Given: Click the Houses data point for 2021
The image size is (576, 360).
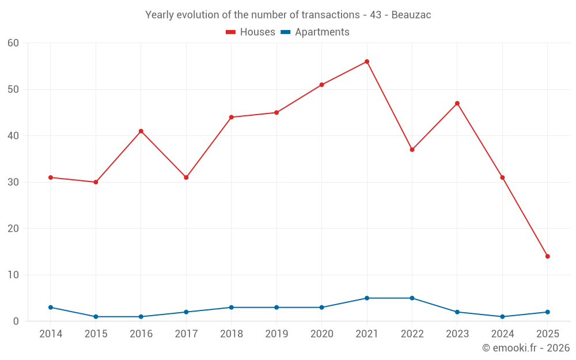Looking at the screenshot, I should [367, 62].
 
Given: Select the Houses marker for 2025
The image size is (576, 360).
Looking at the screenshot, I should [548, 256].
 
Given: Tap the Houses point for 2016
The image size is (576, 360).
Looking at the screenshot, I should [141, 131].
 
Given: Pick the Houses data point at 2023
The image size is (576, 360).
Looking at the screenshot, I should [457, 104].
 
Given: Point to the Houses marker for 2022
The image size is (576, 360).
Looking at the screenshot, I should [412, 150].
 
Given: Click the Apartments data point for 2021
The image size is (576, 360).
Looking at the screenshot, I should [367, 298].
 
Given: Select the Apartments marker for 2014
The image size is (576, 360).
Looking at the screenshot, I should [51, 308].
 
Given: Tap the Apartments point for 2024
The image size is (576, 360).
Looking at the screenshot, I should [503, 317].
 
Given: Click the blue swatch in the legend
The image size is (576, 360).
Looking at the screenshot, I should [285, 32].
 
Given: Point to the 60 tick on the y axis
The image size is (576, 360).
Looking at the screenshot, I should [13, 43].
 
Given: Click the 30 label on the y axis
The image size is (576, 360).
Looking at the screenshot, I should [13, 182].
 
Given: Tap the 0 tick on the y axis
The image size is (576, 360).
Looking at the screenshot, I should [16, 321].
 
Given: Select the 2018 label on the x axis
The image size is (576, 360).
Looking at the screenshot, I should [232, 334].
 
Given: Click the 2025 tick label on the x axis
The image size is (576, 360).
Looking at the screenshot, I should [548, 334].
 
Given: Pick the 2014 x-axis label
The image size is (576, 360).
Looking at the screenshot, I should [51, 334].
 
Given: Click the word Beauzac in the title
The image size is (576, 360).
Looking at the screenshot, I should [411, 15].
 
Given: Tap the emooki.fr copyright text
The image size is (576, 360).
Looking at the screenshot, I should [526, 348].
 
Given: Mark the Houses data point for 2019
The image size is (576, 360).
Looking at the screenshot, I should [276, 113].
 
